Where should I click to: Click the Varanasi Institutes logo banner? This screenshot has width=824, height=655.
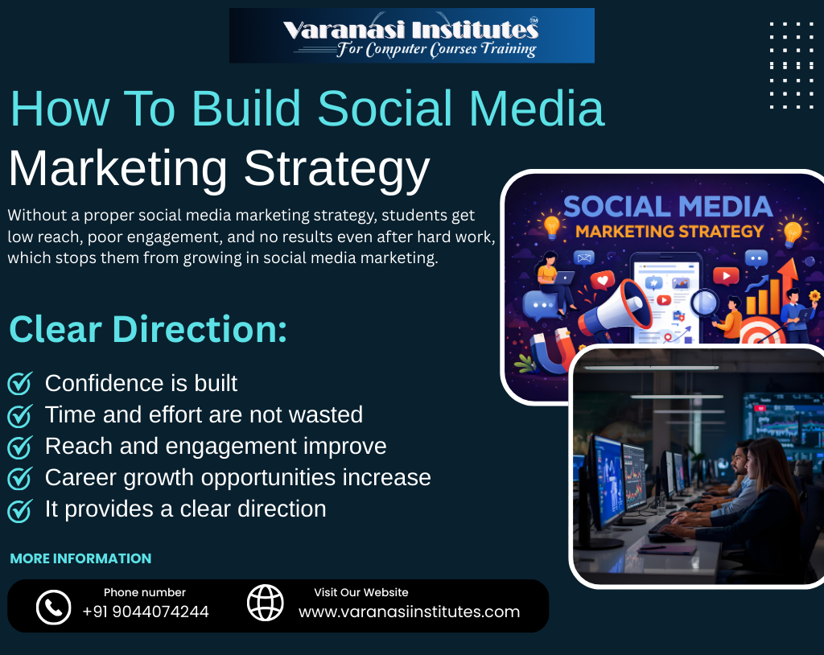pyautogui.click(x=411, y=35)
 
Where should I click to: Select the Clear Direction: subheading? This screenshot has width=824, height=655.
pyautogui.click(x=148, y=330)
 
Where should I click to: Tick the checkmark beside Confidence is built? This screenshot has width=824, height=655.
pyautogui.click(x=19, y=384)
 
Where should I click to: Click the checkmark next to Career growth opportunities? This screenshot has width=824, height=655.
pyautogui.click(x=19, y=478)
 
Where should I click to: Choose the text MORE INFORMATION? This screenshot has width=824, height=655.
pyautogui.click(x=80, y=558)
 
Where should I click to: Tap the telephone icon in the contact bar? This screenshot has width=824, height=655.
pyautogui.click(x=54, y=606)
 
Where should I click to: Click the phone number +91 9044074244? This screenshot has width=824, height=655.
pyautogui.click(x=146, y=612)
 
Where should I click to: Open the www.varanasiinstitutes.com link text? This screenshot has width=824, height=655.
pyautogui.click(x=409, y=612)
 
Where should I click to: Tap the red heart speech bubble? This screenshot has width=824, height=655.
pyautogui.click(x=601, y=281)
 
